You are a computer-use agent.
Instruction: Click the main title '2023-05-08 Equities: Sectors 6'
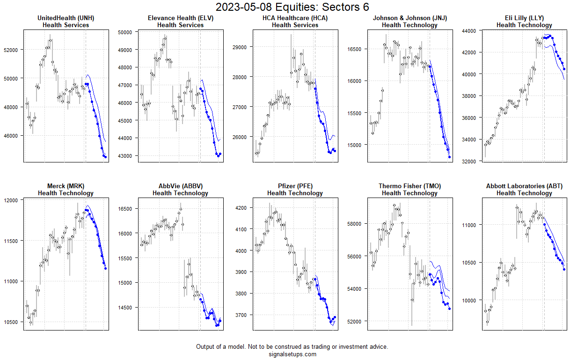point(292,7)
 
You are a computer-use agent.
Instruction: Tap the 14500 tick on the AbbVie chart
point(128,308)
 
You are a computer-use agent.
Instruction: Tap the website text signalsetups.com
point(292,354)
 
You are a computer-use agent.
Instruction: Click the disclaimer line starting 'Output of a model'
point(292,347)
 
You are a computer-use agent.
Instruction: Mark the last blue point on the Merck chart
point(105,268)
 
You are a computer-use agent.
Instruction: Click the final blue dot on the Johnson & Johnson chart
point(449,157)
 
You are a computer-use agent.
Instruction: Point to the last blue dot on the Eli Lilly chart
point(564,69)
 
